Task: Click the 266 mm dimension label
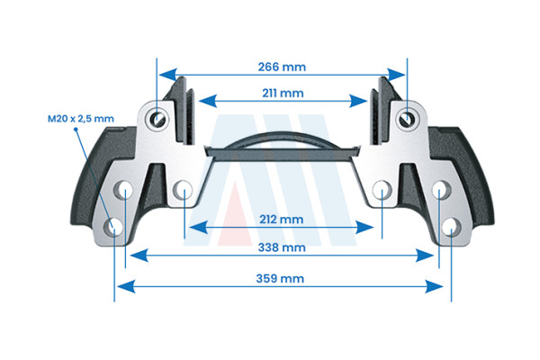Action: tap(282, 67)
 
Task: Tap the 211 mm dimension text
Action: tap(283, 94)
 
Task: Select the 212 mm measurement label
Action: tap(282, 220)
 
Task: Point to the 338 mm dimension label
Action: tap(282, 247)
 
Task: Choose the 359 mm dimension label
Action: tap(280, 279)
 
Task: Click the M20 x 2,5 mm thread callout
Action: tap(81, 119)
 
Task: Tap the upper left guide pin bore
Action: tap(157, 119)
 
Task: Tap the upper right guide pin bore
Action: tap(408, 119)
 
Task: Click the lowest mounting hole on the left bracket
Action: tap(114, 228)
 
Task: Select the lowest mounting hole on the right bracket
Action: tap(452, 228)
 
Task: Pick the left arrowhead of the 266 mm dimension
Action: tap(168, 75)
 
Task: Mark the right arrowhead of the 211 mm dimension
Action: tap(358, 101)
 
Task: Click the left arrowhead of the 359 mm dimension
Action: tap(126, 286)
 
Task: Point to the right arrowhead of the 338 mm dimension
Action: tap(424, 256)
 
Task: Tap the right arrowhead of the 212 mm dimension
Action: tap(364, 228)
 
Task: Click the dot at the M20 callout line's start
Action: tap(76, 130)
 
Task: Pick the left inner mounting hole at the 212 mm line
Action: tap(183, 190)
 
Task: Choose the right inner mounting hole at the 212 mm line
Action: tap(382, 190)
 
